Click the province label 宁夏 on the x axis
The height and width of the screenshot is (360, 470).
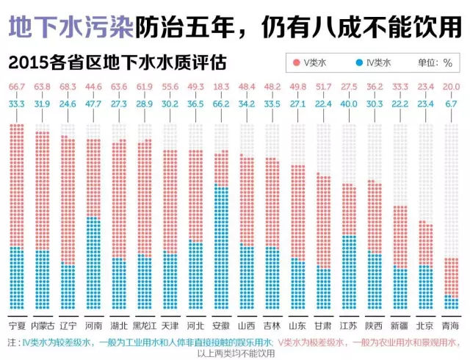tap(17, 325)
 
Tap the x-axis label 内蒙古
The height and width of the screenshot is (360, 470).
tap(43, 325)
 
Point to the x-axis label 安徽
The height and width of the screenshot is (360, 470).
tap(220, 325)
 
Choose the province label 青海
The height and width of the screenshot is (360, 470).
tap(451, 325)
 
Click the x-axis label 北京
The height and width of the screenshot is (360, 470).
tap(425, 325)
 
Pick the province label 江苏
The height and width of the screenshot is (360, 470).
tap(349, 325)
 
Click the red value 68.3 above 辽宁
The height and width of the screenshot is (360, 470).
tap(68, 87)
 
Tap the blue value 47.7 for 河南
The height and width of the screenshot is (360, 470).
tap(94, 104)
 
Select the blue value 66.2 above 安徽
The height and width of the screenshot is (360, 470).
tap(221, 104)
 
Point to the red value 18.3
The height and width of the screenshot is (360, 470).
tap(221, 87)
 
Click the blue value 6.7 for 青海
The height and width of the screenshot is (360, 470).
tap(452, 104)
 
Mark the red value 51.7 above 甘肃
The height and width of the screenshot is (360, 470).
tap(324, 87)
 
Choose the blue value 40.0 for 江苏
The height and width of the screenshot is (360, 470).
tap(350, 104)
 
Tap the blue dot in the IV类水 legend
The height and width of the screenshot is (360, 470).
tap(358, 63)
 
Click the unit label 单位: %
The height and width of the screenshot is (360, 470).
tap(435, 63)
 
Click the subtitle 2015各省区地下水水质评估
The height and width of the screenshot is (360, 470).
tap(117, 60)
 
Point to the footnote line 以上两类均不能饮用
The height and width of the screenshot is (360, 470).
tap(236, 353)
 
